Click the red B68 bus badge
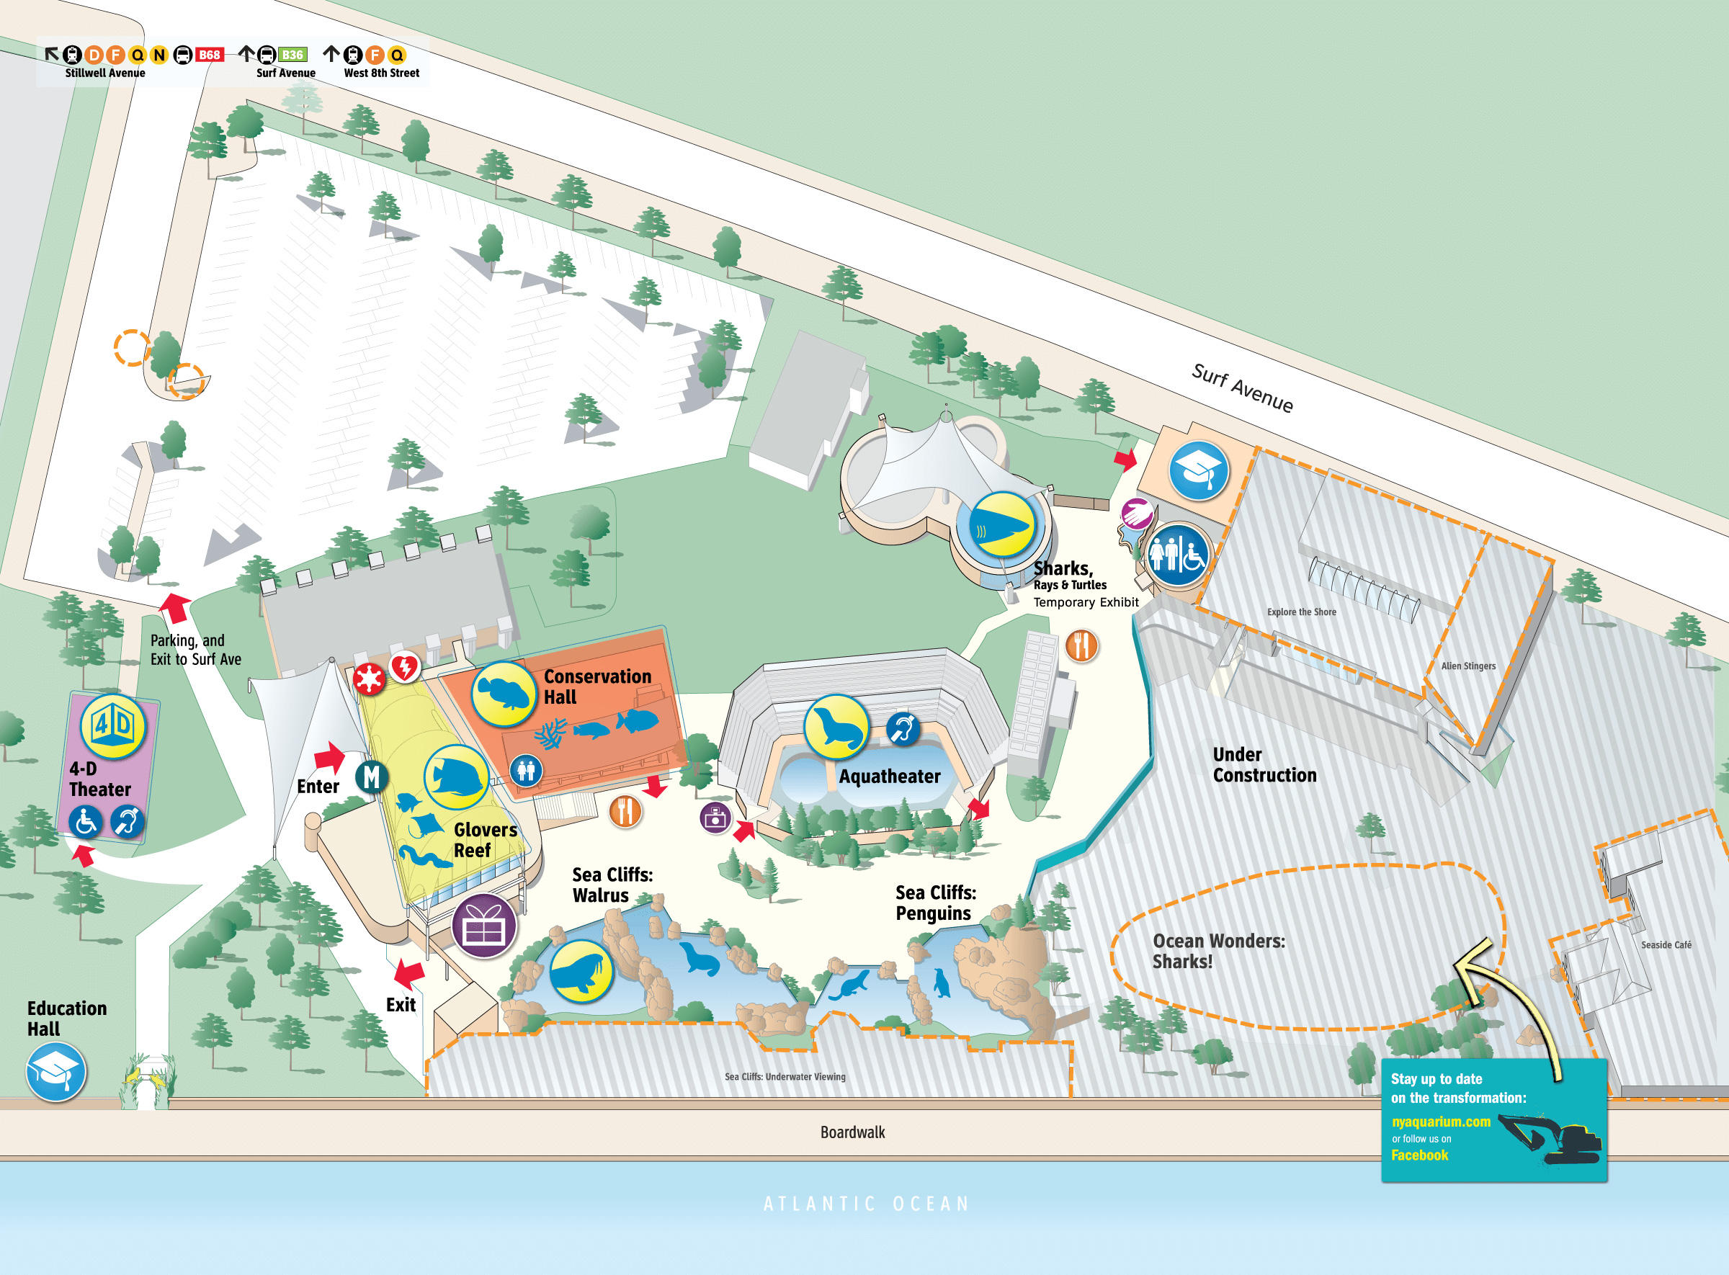pos(209,55)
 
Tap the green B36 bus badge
pos(292,55)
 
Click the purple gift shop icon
pos(484,926)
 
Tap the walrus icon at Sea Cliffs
pos(581,971)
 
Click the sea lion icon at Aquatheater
pos(836,727)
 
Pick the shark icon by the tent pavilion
pos(1001,525)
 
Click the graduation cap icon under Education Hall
pos(55,1071)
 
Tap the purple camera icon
pos(715,818)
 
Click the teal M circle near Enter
pos(371,777)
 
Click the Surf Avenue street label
pos(1242,388)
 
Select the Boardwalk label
pos(852,1132)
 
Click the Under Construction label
pos(1264,765)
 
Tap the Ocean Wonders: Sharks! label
pos(1218,951)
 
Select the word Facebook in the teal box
pos(1419,1155)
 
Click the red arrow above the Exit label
pos(409,974)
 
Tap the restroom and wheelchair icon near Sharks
pos(1176,555)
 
